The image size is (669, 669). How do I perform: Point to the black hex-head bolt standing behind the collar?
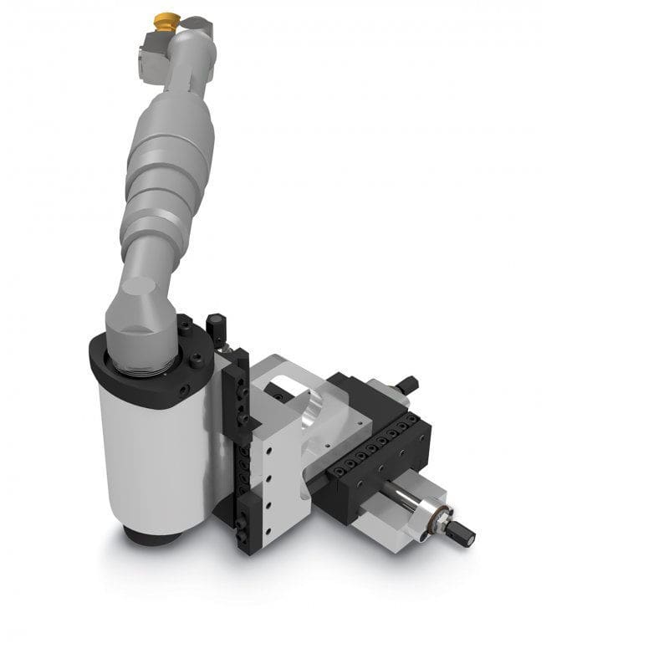click(x=213, y=322)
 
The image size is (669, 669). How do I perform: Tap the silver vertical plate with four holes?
click(x=272, y=481)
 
